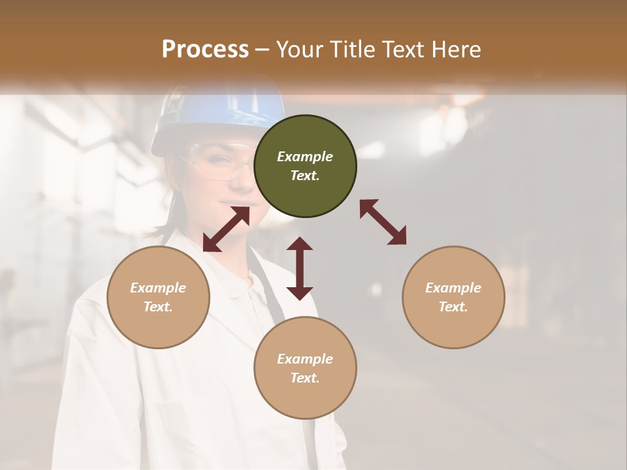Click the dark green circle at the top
coord(305,166)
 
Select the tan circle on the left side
coord(158,298)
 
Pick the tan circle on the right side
coord(453,298)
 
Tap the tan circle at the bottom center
coord(305,368)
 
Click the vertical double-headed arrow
coord(300,268)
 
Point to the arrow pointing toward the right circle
coord(383,222)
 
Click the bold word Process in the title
coord(205,49)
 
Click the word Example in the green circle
coord(305,157)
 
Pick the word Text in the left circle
coord(158,307)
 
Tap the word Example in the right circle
coord(453,288)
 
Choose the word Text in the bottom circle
coord(305,378)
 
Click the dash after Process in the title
coord(262,50)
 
